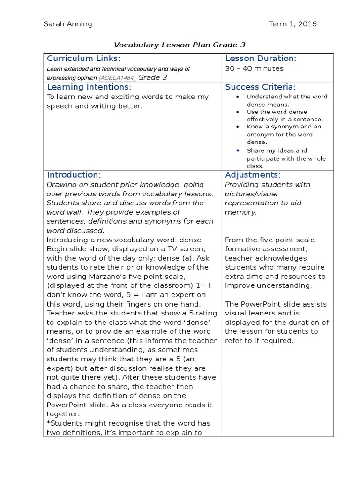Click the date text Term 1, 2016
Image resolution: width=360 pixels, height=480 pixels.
[293, 24]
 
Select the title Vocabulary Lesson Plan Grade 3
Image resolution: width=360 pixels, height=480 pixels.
[180, 45]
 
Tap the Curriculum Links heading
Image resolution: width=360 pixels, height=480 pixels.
[83, 59]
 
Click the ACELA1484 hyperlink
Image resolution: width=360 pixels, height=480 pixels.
[117, 78]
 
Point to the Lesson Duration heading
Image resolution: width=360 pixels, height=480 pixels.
[261, 59]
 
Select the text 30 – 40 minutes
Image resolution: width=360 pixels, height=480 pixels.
[255, 69]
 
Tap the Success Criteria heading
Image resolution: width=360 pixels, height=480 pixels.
[260, 87]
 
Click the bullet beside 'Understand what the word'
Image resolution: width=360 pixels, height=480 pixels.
[238, 97]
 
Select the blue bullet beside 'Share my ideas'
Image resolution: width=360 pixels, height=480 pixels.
[238, 150]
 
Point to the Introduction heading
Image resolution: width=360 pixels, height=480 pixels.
[74, 175]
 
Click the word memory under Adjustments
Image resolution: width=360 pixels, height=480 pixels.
[240, 212]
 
